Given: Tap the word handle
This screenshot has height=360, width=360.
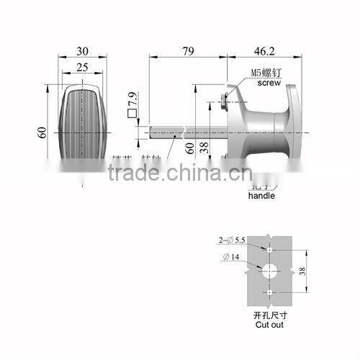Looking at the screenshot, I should tap(261, 195).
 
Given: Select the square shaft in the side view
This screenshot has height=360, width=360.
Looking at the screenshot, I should tap(173, 132).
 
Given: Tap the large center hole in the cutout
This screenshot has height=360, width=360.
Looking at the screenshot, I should tap(269, 271).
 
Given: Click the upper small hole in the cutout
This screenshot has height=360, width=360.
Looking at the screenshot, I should tap(269, 249).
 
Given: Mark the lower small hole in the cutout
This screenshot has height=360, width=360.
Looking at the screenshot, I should tap(269, 294).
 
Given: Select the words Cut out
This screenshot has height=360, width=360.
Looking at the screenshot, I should tap(268, 325).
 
